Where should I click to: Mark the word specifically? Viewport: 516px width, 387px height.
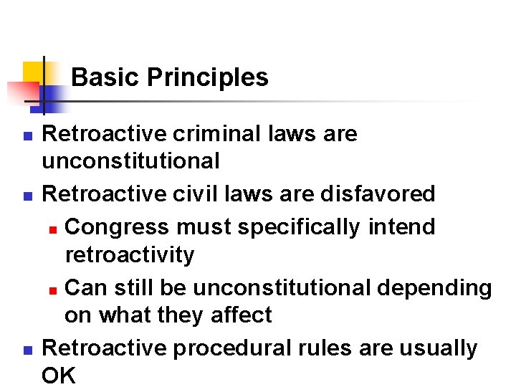click(x=300, y=227)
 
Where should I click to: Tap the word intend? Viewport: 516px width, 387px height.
click(x=401, y=227)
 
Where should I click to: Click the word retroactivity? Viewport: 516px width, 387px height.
click(x=130, y=254)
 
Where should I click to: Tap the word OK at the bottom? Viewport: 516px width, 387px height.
click(x=59, y=376)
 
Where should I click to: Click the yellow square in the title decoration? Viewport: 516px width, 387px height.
click(x=32, y=72)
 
